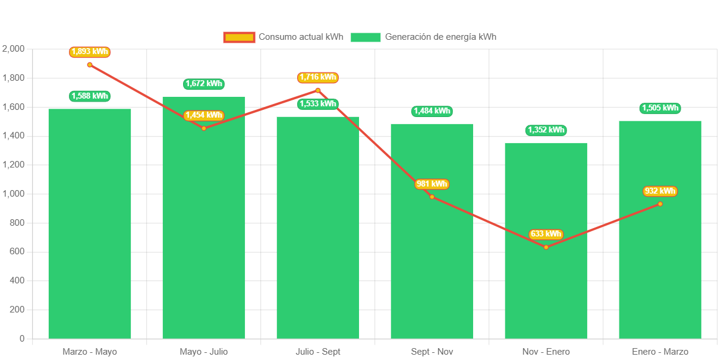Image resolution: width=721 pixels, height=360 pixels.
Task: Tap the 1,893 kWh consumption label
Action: point(90,52)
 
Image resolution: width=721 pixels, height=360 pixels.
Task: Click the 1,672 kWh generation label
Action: point(204,84)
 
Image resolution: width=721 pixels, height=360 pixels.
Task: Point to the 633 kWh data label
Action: point(546,234)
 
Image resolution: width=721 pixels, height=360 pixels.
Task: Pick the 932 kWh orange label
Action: point(660,191)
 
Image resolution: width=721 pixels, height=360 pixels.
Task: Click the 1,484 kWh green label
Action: point(432,111)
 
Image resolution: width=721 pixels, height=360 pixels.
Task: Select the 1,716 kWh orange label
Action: point(318,77)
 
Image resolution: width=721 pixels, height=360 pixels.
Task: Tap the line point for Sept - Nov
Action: point(432,197)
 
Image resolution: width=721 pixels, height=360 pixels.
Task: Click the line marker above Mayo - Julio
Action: point(204,128)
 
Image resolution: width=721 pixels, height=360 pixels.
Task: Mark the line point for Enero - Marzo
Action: point(660,204)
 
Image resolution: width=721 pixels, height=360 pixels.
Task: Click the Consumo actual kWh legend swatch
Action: point(239,37)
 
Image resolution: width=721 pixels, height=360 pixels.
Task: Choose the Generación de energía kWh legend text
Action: point(440,37)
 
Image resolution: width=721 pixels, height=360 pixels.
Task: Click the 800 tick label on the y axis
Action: point(17,223)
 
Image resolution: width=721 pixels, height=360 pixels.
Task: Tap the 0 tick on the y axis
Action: point(22,339)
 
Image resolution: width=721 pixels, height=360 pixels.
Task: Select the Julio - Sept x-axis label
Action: point(318,352)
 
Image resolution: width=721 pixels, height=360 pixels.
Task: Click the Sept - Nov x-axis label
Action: point(432,352)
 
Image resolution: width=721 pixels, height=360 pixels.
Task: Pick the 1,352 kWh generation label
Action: point(546,130)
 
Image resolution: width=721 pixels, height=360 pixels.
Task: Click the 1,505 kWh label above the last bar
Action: point(660,108)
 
